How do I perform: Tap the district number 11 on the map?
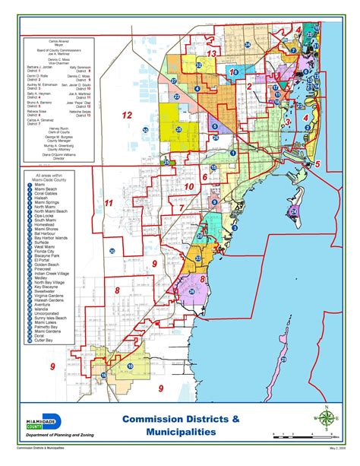(109, 204)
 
